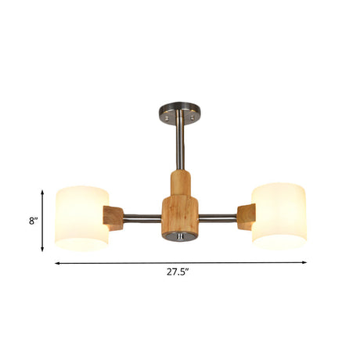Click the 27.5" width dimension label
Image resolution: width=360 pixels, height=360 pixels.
click(178, 272)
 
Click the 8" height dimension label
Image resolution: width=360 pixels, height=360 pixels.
click(34, 221)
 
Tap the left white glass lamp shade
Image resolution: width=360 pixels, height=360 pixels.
click(81, 218)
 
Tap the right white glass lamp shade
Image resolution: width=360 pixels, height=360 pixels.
click(279, 216)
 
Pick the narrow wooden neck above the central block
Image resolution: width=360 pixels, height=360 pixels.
click(180, 183)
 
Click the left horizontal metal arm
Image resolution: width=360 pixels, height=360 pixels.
click(142, 218)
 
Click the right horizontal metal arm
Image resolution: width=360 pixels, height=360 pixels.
click(218, 218)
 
